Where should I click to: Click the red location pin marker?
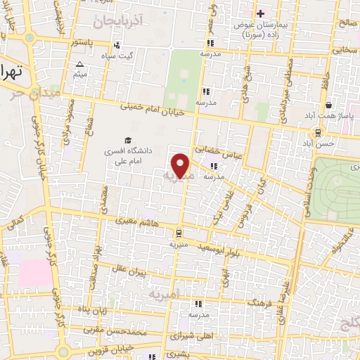click(x=181, y=165)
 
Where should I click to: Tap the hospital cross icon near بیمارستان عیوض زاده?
click(x=260, y=13)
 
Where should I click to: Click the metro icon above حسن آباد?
click(x=319, y=131)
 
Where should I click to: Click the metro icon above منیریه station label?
click(x=179, y=233)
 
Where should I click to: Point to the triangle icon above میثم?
click(x=79, y=64)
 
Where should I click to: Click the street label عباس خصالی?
click(x=222, y=150)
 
